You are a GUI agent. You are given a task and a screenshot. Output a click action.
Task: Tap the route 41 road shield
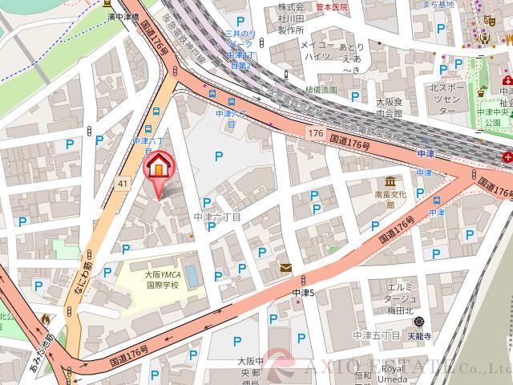coord(123,184)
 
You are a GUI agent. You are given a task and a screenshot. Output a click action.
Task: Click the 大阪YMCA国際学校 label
coord(162,279)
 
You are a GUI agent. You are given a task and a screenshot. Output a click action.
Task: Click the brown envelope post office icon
coord(285,269)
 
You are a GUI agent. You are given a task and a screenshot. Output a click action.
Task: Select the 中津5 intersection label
coord(304,293)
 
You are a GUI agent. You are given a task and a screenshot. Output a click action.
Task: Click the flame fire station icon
coord(46,320)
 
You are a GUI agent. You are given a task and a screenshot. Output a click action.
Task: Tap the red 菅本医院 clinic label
coord(333,6)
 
